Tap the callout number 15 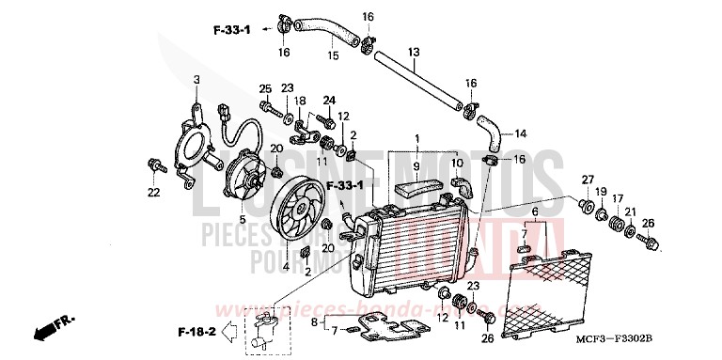[331, 55]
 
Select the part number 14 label [521, 133]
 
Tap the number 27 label [587, 180]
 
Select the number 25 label [265, 87]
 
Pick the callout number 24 [329, 100]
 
